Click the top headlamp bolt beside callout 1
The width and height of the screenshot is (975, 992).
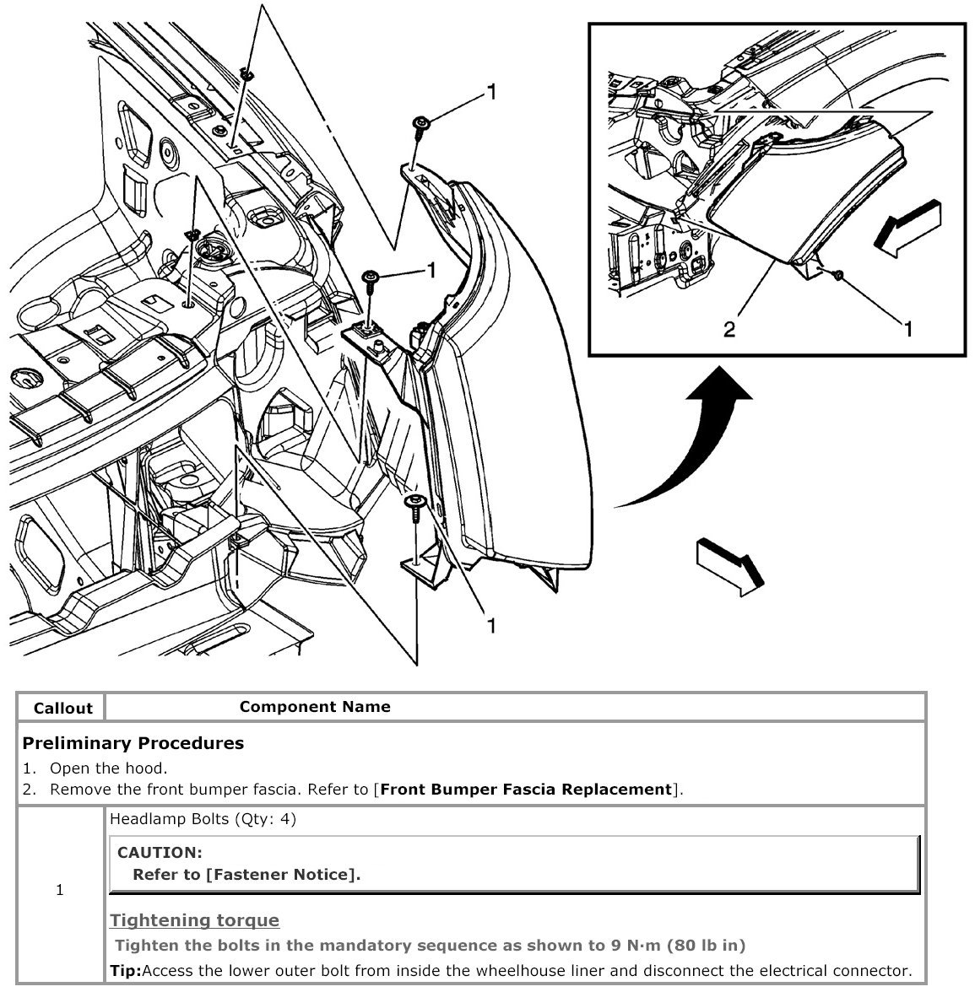click(x=420, y=126)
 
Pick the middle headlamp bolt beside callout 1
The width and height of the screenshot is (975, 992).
click(x=370, y=278)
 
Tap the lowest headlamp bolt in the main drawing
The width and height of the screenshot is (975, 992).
click(x=414, y=504)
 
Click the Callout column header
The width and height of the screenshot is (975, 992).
click(x=62, y=709)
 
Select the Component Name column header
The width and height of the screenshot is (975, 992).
click(x=315, y=707)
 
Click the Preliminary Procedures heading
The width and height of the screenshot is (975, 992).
click(x=133, y=743)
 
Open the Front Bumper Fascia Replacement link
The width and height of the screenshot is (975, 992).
click(x=526, y=790)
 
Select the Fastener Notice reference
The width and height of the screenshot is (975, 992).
click(x=282, y=875)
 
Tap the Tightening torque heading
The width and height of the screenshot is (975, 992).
click(x=195, y=920)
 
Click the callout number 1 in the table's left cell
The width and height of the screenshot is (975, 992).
click(x=60, y=890)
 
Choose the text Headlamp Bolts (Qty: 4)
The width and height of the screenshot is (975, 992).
click(x=203, y=818)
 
